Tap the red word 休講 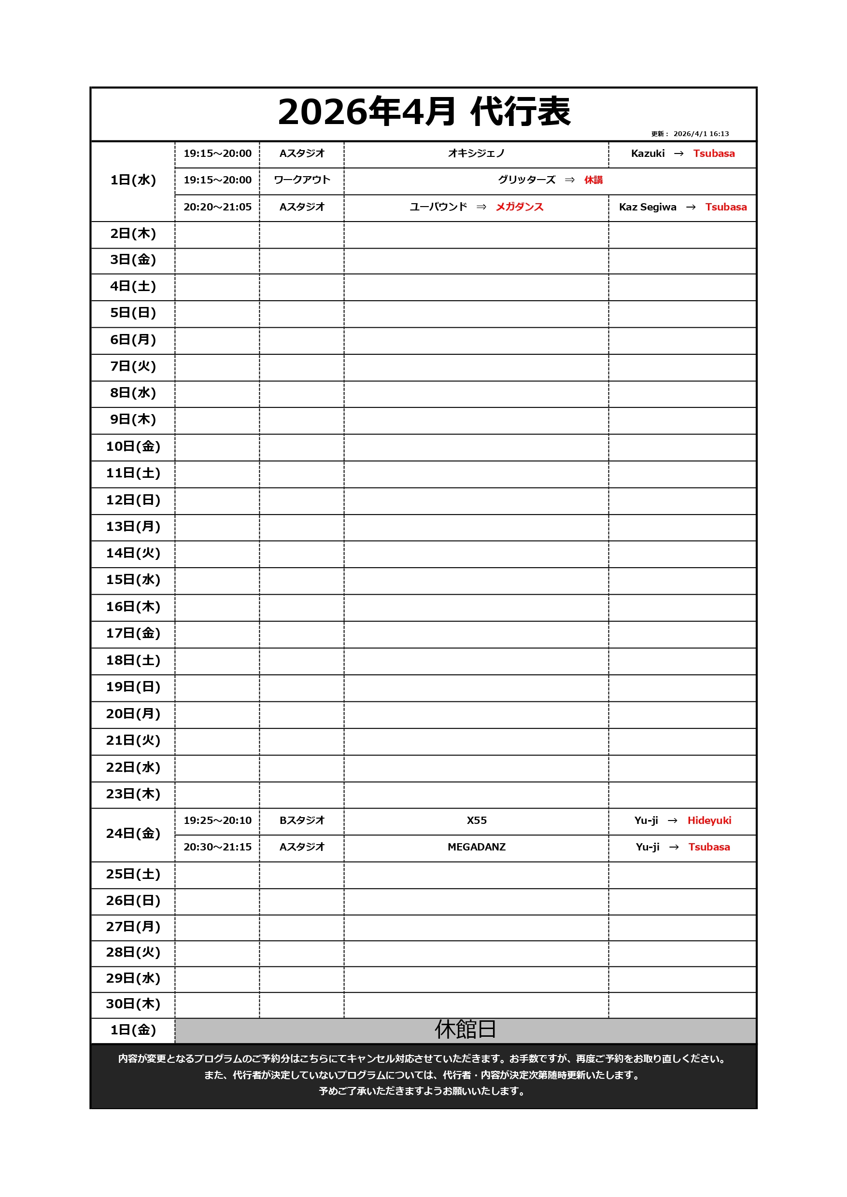pos(593,180)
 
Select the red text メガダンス pos(520,207)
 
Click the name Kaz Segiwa pos(647,207)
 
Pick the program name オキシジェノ pos(476,153)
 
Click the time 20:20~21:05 pos(217,207)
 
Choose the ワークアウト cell pos(301,180)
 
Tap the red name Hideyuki pos(709,820)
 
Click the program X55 pos(476,820)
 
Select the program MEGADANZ pos(476,847)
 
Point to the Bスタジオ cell pos(301,820)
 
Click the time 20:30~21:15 pos(217,847)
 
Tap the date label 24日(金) pos(133,833)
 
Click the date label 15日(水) pos(133,580)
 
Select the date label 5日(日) pos(133,313)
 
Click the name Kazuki pos(647,153)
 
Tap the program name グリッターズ pos(526,180)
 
